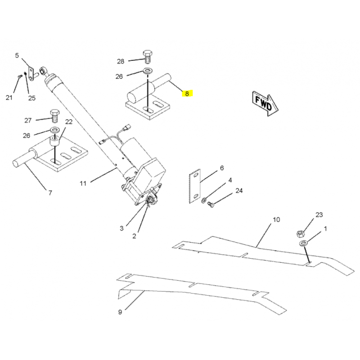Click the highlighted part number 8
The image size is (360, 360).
pos(187,94)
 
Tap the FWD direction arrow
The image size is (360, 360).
pos(265,103)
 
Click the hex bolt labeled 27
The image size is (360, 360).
pos(54,116)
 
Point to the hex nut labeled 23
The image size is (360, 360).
pos(300,234)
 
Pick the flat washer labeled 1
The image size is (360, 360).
pos(304,243)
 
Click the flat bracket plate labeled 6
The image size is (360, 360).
pos(195,186)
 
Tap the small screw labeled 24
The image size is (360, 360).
pos(210,204)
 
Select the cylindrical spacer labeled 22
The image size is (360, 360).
pos(55,142)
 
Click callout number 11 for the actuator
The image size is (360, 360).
pos(83,184)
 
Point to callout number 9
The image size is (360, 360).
pos(120,312)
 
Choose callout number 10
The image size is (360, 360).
pos(276,220)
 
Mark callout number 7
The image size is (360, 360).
pos(50,193)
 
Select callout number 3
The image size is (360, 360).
pos(121,229)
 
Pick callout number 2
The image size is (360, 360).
pos(134,236)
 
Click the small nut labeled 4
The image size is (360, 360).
pos(203,201)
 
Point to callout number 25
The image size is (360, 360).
pos(32,98)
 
